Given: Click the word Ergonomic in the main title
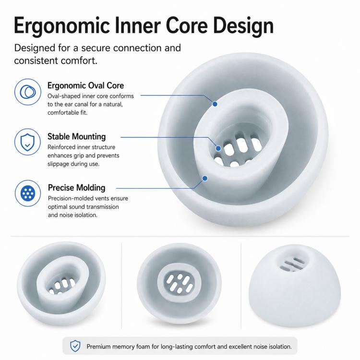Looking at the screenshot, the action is tap(62, 26).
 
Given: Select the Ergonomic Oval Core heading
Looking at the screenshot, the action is tap(85, 85).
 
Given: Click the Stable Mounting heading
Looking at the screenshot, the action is tap(77, 137).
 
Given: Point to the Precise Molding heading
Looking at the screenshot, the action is tap(77, 188).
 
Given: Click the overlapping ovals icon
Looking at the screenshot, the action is tap(28, 92).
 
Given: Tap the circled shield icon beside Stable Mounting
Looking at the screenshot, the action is tap(27, 142).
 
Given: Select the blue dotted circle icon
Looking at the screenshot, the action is tap(28, 193).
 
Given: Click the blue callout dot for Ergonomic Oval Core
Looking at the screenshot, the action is tap(215, 104).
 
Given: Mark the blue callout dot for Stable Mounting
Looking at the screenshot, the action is tap(218, 148).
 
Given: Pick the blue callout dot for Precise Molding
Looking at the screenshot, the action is tap(205, 178).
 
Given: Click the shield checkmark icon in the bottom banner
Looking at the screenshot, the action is tap(75, 346).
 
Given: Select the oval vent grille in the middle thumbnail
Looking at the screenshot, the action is tap(180, 283).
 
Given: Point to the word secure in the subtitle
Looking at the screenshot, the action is tap(96, 48).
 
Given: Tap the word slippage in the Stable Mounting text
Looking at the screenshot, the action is tap(58, 164).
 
